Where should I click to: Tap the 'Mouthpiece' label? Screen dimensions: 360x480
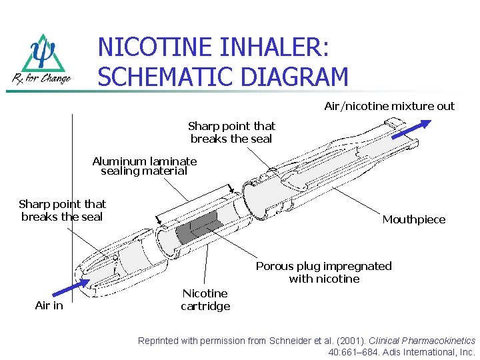point(413,219)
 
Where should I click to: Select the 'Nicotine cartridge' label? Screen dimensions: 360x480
point(205,300)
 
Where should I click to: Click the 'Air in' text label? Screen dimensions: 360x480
point(49,305)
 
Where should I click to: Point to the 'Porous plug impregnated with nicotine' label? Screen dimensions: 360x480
point(324,272)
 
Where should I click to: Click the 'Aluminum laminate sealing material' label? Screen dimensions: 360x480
point(145,166)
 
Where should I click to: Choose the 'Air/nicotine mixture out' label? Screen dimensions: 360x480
point(389,106)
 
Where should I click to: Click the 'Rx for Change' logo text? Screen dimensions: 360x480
point(41,79)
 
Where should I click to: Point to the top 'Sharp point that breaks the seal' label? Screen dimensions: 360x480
point(231,132)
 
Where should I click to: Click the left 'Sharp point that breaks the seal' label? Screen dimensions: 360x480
point(62,210)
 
